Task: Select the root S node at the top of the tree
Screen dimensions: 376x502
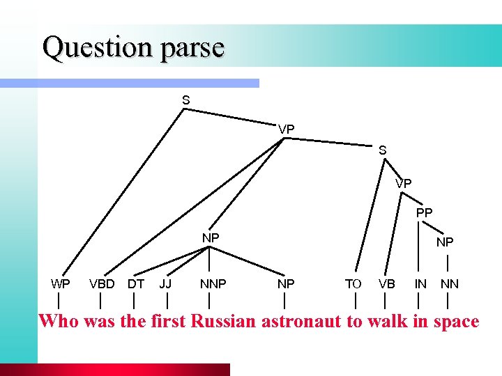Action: [x=185, y=100]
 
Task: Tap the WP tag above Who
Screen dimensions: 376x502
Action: [x=60, y=283]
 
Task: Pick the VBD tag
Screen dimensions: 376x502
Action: [x=102, y=283]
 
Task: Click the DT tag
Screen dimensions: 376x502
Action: [x=135, y=283]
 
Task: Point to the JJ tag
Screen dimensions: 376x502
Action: [x=165, y=283]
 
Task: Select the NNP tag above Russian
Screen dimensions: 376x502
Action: [x=213, y=283]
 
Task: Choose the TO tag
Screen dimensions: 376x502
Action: [x=353, y=283]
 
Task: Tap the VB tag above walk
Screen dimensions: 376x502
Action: [x=386, y=283]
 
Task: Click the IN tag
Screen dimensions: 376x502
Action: [x=420, y=283]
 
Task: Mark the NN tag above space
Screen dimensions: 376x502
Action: [x=449, y=283]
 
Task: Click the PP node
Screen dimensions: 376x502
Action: [x=424, y=212]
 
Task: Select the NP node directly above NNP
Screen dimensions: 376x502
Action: [x=211, y=237]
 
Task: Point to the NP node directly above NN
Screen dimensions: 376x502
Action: [x=445, y=242]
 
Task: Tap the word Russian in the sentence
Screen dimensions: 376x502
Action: [x=224, y=322]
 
